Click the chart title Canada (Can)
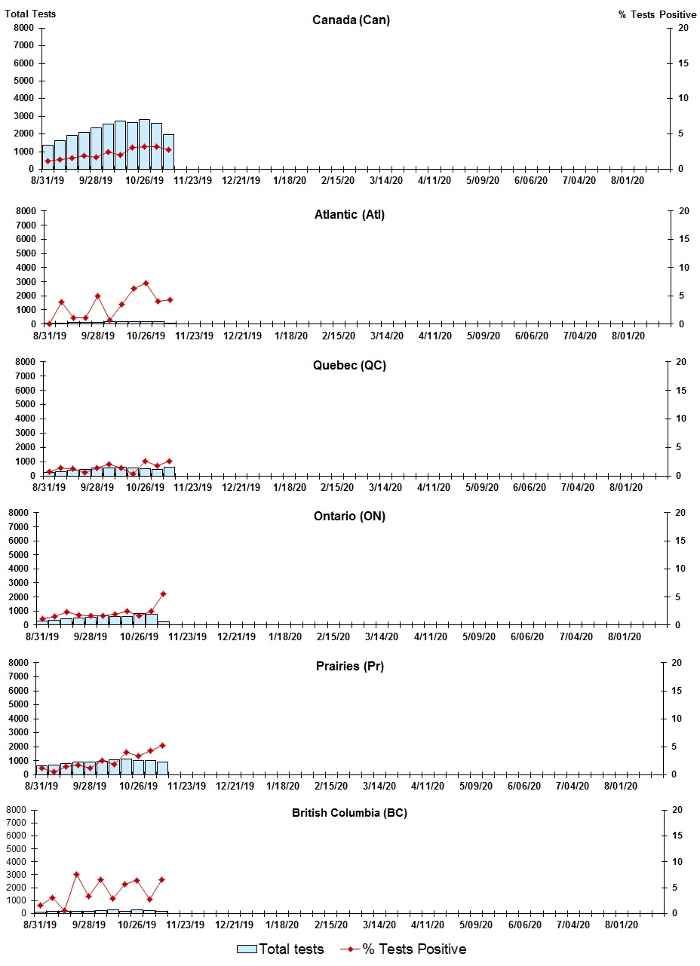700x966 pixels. [351, 20]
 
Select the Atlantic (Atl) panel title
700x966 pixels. [349, 215]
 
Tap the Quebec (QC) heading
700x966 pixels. [349, 366]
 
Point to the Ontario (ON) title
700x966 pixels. [349, 517]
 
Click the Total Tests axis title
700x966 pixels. [29, 14]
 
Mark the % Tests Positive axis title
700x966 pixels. [657, 14]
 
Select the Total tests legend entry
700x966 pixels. [281, 949]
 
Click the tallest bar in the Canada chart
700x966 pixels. [144, 143]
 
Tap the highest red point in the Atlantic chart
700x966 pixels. [146, 284]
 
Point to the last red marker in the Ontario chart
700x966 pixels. [163, 593]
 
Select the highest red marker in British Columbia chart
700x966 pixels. [76, 875]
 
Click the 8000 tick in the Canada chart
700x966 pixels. [23, 28]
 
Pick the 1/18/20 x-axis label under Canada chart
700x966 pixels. [290, 181]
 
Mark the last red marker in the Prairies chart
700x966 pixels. [162, 745]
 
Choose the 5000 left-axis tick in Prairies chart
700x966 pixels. [21, 705]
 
